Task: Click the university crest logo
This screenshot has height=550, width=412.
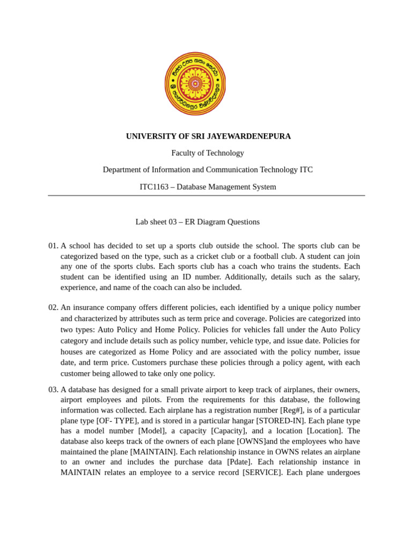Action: [195, 84]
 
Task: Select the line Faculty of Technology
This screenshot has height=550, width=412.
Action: [208, 153]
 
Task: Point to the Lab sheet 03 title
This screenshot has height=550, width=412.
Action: [197, 222]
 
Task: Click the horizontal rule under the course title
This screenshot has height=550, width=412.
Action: [207, 196]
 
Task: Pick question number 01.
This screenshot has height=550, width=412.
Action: [53, 245]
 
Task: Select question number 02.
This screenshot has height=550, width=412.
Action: [53, 307]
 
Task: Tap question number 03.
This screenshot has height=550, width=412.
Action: [53, 389]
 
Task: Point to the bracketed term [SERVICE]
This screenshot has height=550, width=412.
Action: [262, 473]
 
